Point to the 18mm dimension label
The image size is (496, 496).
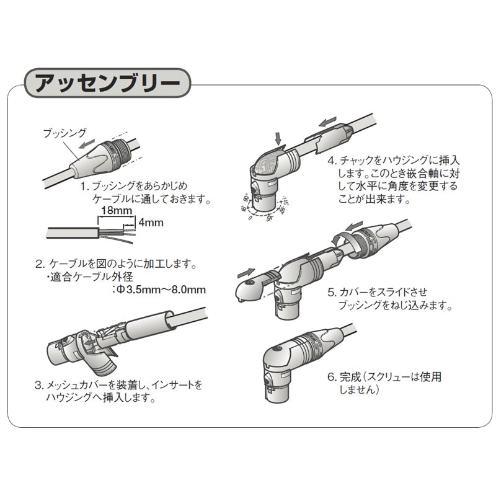click(115, 211)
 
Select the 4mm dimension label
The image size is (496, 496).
click(150, 223)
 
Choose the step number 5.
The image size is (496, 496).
click(332, 291)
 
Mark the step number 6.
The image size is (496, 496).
click(332, 377)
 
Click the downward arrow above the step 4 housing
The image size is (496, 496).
click(277, 135)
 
